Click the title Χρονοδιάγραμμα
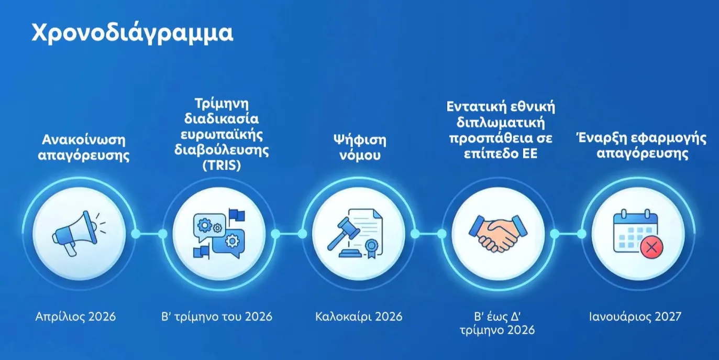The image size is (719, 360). coord(132,34)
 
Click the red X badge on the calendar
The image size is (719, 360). coord(651,248)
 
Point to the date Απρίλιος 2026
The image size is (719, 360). coord(75,317)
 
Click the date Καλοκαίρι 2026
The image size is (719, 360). coord(359,317)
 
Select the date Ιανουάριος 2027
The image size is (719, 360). coord(635,317)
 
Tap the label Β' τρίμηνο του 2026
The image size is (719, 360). coord(217,317)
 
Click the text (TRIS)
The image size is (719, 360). coord(222,165)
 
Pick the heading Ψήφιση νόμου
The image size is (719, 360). coord(360,147)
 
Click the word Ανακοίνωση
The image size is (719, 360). coord(84,140)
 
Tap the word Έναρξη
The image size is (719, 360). coord(601,138)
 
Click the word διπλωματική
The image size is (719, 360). coord(501,123)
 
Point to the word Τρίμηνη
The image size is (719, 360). coord(222,104)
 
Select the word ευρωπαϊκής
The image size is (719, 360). coord(222,135)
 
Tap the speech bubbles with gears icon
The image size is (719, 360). coord(219,234)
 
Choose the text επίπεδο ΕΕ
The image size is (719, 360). coord(501,154)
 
